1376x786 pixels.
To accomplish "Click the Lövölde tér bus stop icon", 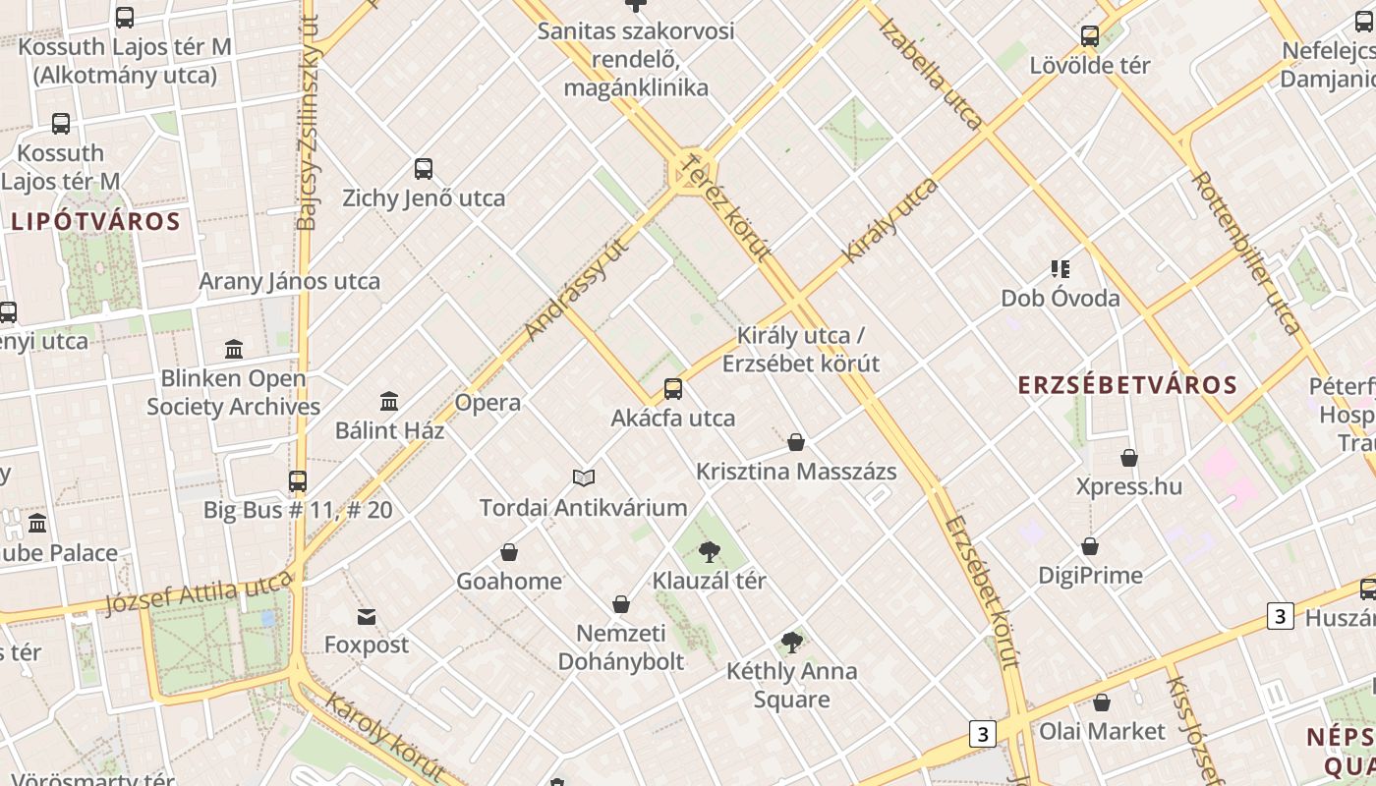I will pyautogui.click(x=1090, y=36).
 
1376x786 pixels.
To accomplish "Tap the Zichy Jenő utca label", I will pyautogui.click(x=424, y=197).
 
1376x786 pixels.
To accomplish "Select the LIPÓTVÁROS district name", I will pyautogui.click(x=96, y=221).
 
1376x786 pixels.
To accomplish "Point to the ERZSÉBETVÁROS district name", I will pyautogui.click(x=1127, y=384).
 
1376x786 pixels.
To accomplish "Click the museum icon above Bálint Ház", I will pyautogui.click(x=389, y=401).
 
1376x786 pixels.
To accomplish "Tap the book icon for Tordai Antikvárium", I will pyautogui.click(x=584, y=477).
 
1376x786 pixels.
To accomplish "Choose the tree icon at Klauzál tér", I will pyautogui.click(x=709, y=552).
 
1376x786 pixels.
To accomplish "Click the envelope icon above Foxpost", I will pyautogui.click(x=367, y=616).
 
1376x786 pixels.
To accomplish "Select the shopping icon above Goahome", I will pyautogui.click(x=509, y=552).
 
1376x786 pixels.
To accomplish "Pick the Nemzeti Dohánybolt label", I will pyautogui.click(x=621, y=646).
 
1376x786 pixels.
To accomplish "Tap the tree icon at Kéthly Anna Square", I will pyautogui.click(x=791, y=643).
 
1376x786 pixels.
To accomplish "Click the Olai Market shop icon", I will pyautogui.click(x=1102, y=702).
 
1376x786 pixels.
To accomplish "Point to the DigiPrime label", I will pyautogui.click(x=1091, y=575).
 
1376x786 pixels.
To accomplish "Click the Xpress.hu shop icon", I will pyautogui.click(x=1129, y=458).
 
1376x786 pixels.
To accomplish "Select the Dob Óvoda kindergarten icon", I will pyautogui.click(x=1060, y=268).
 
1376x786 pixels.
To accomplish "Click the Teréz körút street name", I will pyautogui.click(x=727, y=207).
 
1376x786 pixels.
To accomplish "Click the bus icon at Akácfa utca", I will pyautogui.click(x=673, y=388).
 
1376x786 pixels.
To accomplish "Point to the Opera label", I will pyautogui.click(x=487, y=402).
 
